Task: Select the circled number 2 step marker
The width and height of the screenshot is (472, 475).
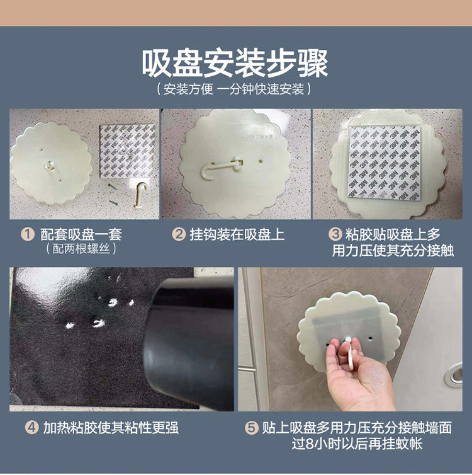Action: tap(179, 234)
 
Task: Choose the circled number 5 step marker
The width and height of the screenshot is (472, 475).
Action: tap(251, 428)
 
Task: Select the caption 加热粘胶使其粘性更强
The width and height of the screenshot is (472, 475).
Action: tap(111, 428)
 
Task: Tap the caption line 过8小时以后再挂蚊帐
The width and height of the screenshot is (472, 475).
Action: tap(357, 444)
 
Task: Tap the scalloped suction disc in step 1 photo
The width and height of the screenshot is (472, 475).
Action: tap(50, 162)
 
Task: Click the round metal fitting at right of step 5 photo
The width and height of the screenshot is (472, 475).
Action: tap(453, 375)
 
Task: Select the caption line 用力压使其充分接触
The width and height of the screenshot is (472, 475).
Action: tap(393, 250)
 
